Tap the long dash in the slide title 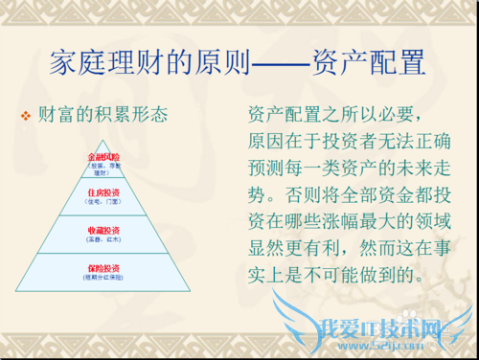[x=281, y=65]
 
